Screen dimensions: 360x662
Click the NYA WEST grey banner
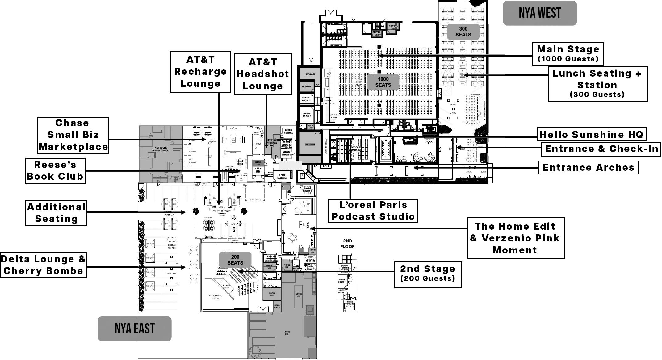click(x=540, y=13)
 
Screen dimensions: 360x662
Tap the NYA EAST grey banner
click(x=135, y=329)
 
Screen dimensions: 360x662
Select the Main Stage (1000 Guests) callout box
click(x=568, y=54)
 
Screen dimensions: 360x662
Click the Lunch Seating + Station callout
click(x=597, y=84)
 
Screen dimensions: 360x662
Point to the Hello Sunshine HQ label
click(x=591, y=134)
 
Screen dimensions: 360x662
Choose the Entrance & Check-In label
click(x=601, y=149)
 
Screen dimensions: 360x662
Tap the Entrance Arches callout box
click(x=588, y=167)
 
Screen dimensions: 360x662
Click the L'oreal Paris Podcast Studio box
click(x=372, y=211)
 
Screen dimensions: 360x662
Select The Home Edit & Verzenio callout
click(x=516, y=238)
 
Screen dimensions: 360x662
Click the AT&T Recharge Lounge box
click(x=200, y=72)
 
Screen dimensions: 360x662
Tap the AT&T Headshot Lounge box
click(x=263, y=74)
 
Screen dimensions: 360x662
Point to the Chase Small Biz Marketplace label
click(x=73, y=135)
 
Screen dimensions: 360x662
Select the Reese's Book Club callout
click(x=55, y=170)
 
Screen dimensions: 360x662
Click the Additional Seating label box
click(x=56, y=213)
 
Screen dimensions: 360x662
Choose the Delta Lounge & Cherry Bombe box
click(x=43, y=265)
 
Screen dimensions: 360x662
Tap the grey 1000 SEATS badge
click(x=383, y=82)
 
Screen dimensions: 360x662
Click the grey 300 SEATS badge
click(x=463, y=32)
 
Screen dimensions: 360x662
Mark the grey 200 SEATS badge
click(x=235, y=260)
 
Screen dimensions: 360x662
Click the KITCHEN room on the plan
click(x=310, y=144)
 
